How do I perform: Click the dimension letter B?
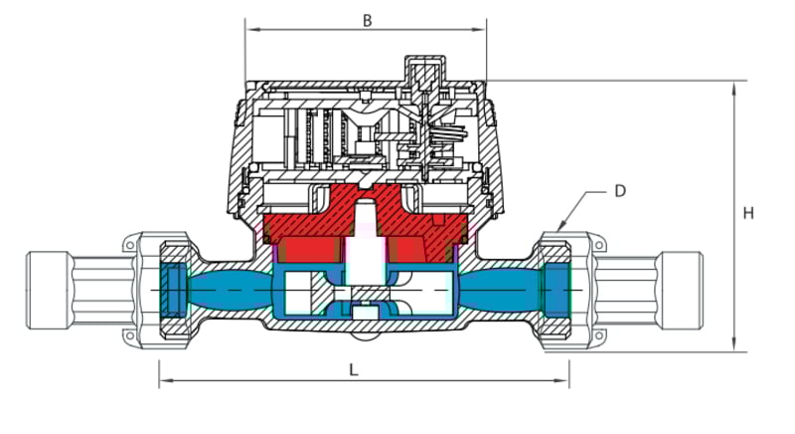tap(368, 21)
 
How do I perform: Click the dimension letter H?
tap(748, 213)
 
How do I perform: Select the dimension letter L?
tap(354, 370)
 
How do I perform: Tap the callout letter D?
tap(620, 191)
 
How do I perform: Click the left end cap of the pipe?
tap(47, 291)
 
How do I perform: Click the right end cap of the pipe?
tap(682, 291)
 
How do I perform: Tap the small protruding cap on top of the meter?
tap(425, 69)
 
